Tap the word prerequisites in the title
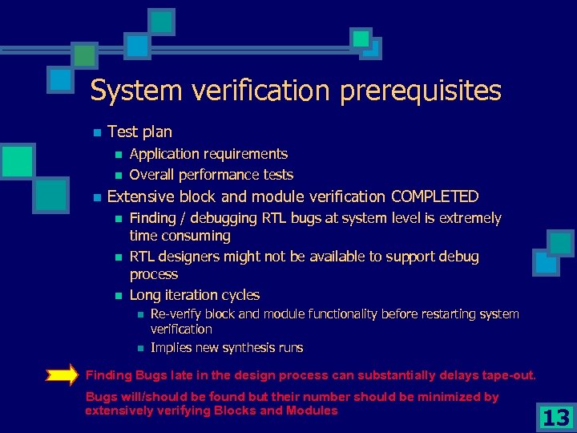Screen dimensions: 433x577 point(421,91)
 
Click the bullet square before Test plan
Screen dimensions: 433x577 point(96,132)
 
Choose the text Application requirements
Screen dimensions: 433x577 point(208,154)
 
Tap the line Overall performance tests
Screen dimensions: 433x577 point(211,175)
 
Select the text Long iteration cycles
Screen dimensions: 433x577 point(194,295)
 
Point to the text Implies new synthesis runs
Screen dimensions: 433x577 point(227,348)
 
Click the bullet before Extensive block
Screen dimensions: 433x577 point(96,197)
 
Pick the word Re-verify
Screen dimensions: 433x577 point(171,314)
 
